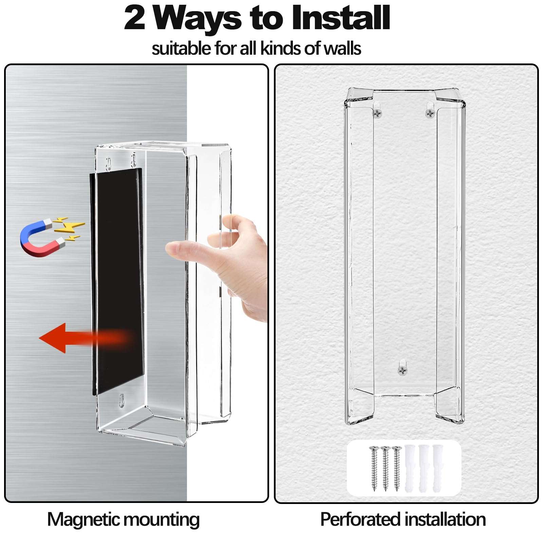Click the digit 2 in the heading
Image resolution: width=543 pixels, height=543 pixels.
(x=135, y=18)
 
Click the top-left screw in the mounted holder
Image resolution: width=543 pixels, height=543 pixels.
(x=377, y=113)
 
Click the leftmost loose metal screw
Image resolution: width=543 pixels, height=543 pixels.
(x=374, y=468)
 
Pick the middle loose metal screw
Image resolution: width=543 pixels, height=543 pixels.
(x=385, y=468)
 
